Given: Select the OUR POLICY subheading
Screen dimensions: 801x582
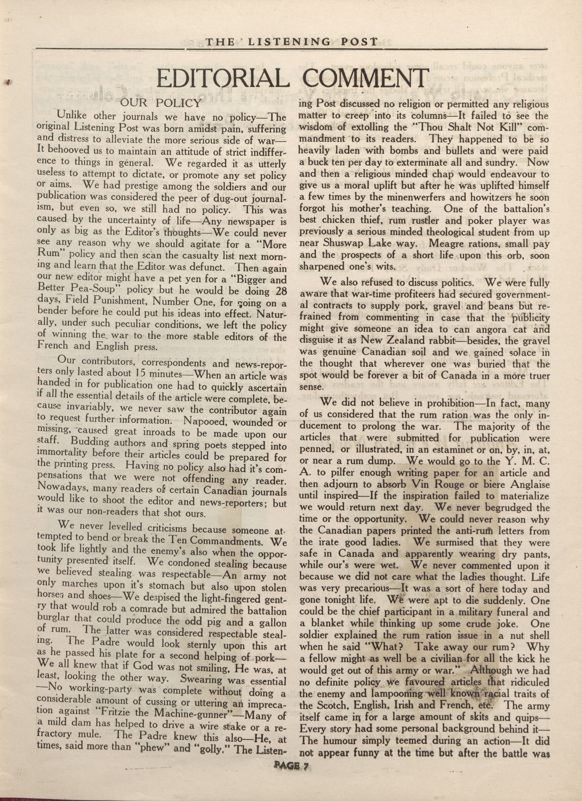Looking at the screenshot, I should point(161,103).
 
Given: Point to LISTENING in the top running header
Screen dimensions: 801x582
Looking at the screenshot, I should point(290,42).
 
